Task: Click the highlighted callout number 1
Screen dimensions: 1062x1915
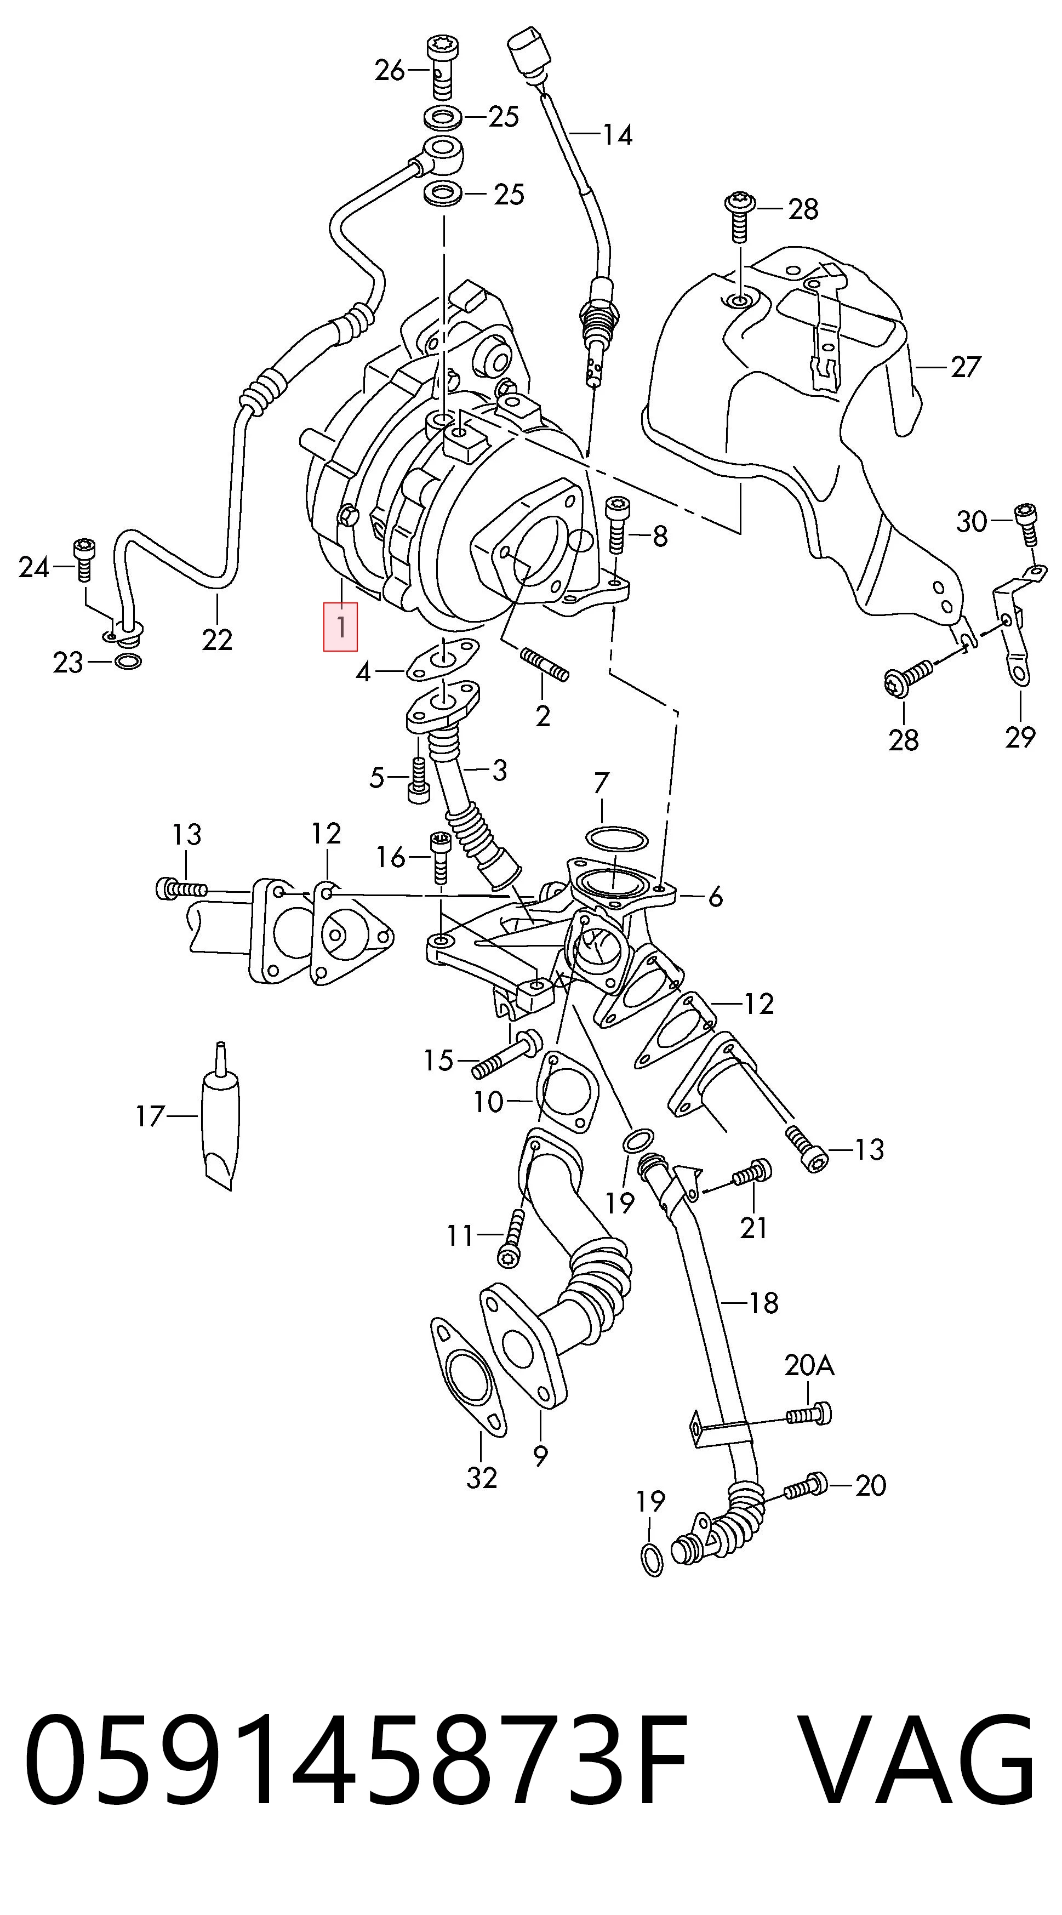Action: pos(340,626)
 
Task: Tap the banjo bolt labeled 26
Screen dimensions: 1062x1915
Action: pos(442,67)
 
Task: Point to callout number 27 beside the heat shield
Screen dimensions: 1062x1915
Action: pos(966,367)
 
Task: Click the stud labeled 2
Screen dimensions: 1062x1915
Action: pos(546,664)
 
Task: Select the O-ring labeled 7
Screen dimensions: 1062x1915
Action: pos(617,839)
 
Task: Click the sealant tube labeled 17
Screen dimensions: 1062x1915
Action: pos(221,1116)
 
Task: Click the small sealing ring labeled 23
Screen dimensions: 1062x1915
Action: pos(129,661)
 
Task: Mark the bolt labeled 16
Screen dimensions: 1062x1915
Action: pos(439,857)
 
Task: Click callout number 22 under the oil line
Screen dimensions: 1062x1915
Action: pos(216,640)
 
